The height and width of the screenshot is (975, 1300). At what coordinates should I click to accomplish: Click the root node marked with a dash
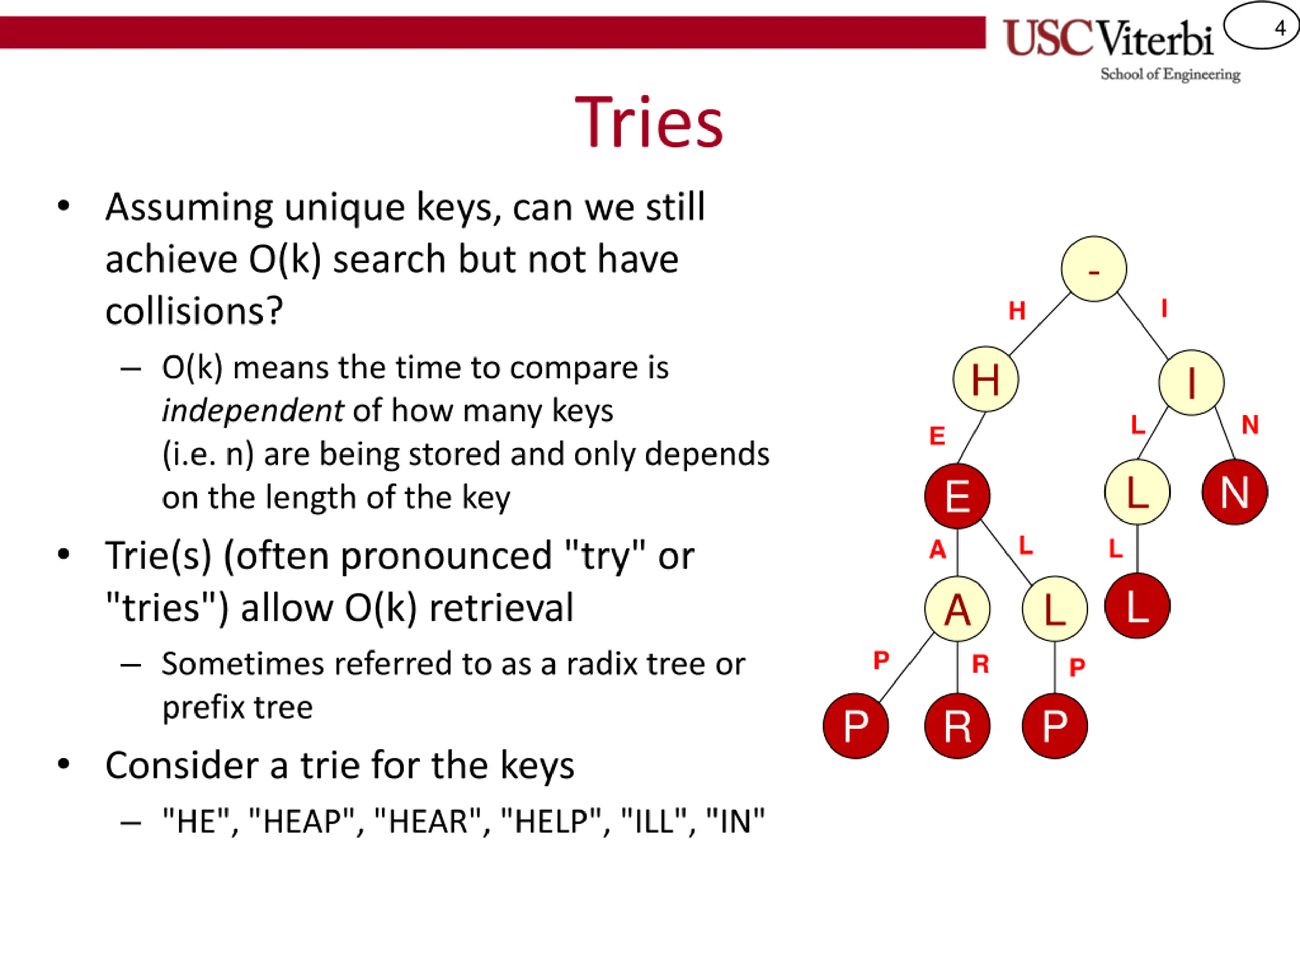1094,269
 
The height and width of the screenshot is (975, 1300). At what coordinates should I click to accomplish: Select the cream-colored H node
986,379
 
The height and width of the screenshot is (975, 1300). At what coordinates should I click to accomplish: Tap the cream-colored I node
1191,382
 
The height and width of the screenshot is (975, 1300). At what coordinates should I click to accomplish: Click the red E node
957,496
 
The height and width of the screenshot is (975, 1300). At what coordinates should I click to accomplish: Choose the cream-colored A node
957,609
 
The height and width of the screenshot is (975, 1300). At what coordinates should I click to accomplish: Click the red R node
957,726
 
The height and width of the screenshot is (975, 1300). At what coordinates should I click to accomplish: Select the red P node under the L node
1055,726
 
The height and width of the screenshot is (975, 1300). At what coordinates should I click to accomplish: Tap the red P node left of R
856,726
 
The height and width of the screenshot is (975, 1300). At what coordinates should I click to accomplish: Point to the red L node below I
1137,606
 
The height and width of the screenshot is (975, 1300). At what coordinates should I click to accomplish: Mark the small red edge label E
937,436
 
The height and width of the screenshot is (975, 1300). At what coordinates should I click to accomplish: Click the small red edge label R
980,664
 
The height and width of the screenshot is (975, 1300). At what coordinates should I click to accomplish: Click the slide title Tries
649,122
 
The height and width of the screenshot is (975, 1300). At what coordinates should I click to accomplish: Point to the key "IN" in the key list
735,821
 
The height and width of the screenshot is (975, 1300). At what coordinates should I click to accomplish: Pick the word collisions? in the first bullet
194,310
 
